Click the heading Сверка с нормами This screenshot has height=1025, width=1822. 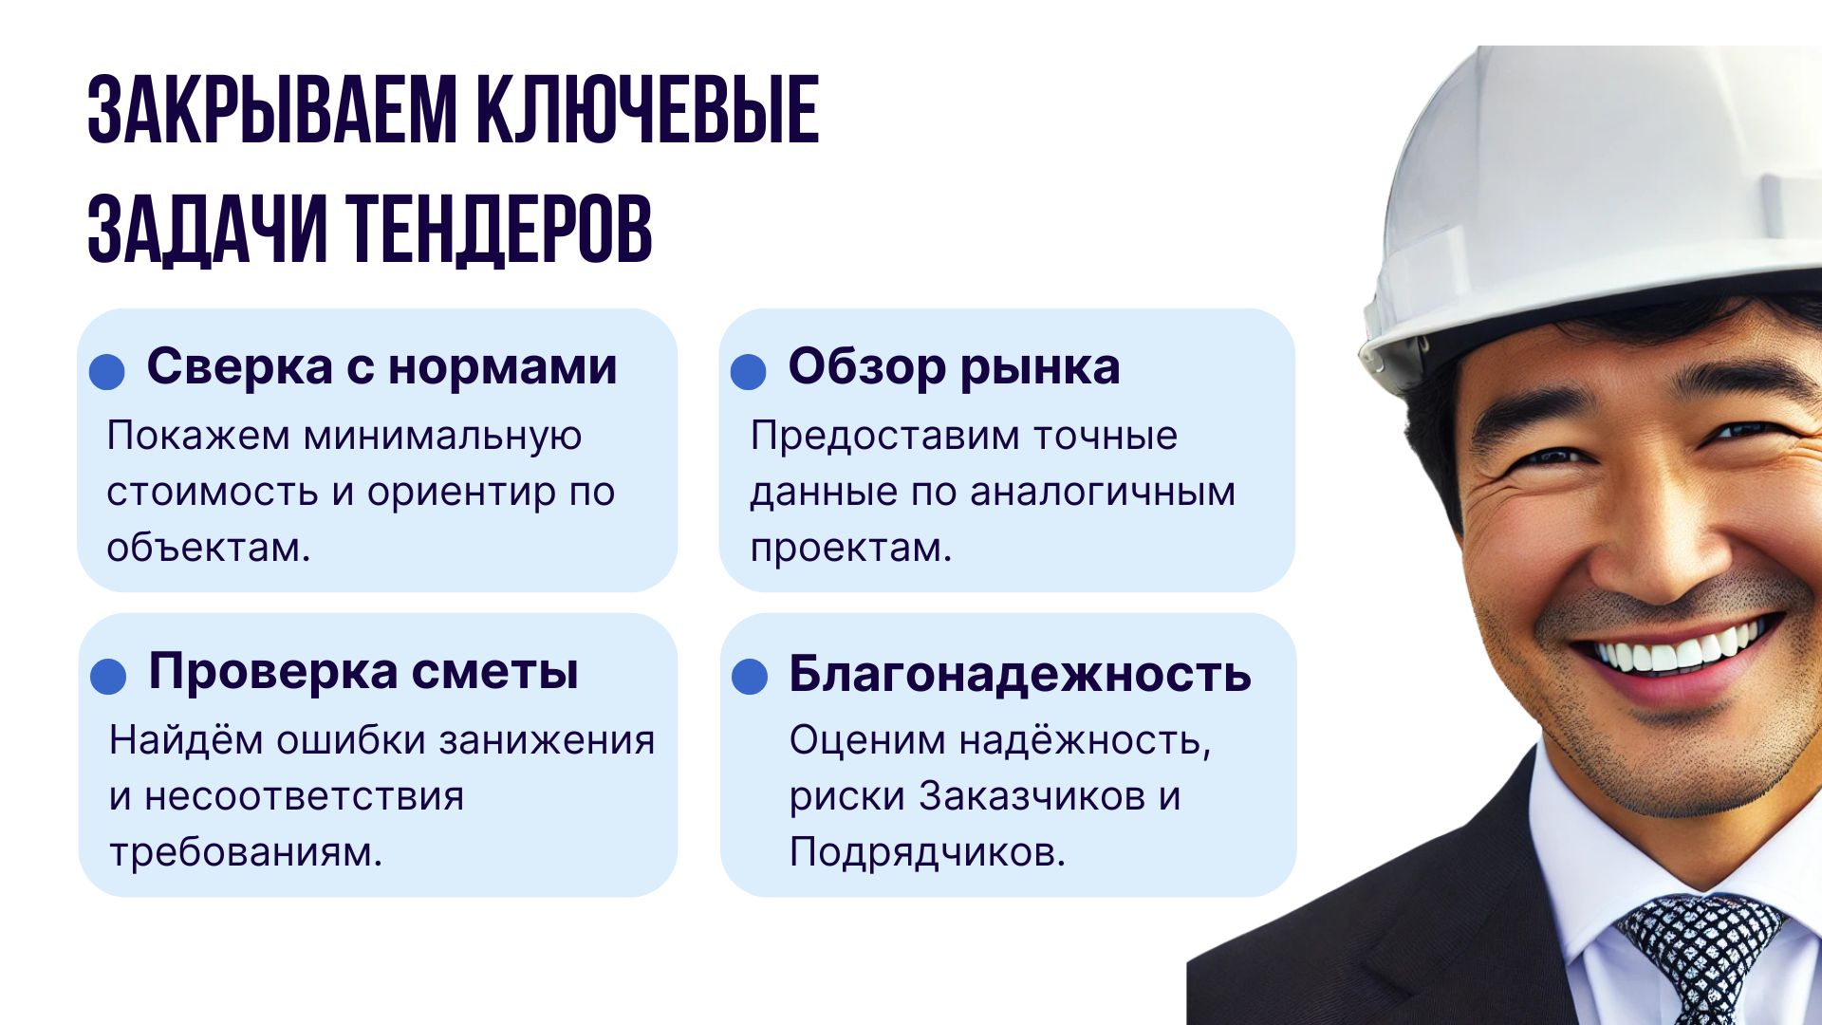coord(381,366)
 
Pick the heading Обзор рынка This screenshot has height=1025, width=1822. coord(954,366)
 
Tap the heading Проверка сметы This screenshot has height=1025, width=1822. coord(363,672)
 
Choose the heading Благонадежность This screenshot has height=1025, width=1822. coord(1020,674)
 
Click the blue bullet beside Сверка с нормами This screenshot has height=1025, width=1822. coord(107,372)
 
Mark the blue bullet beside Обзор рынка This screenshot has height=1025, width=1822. coord(749,372)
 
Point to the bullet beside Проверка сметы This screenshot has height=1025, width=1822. coord(108,678)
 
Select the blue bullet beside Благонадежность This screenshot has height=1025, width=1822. coord(750,678)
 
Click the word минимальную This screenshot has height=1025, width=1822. coord(442,437)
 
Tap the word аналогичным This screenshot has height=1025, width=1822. coord(1103,493)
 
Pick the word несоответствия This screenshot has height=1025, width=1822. coord(305,796)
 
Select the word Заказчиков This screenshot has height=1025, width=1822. coord(1032,796)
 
